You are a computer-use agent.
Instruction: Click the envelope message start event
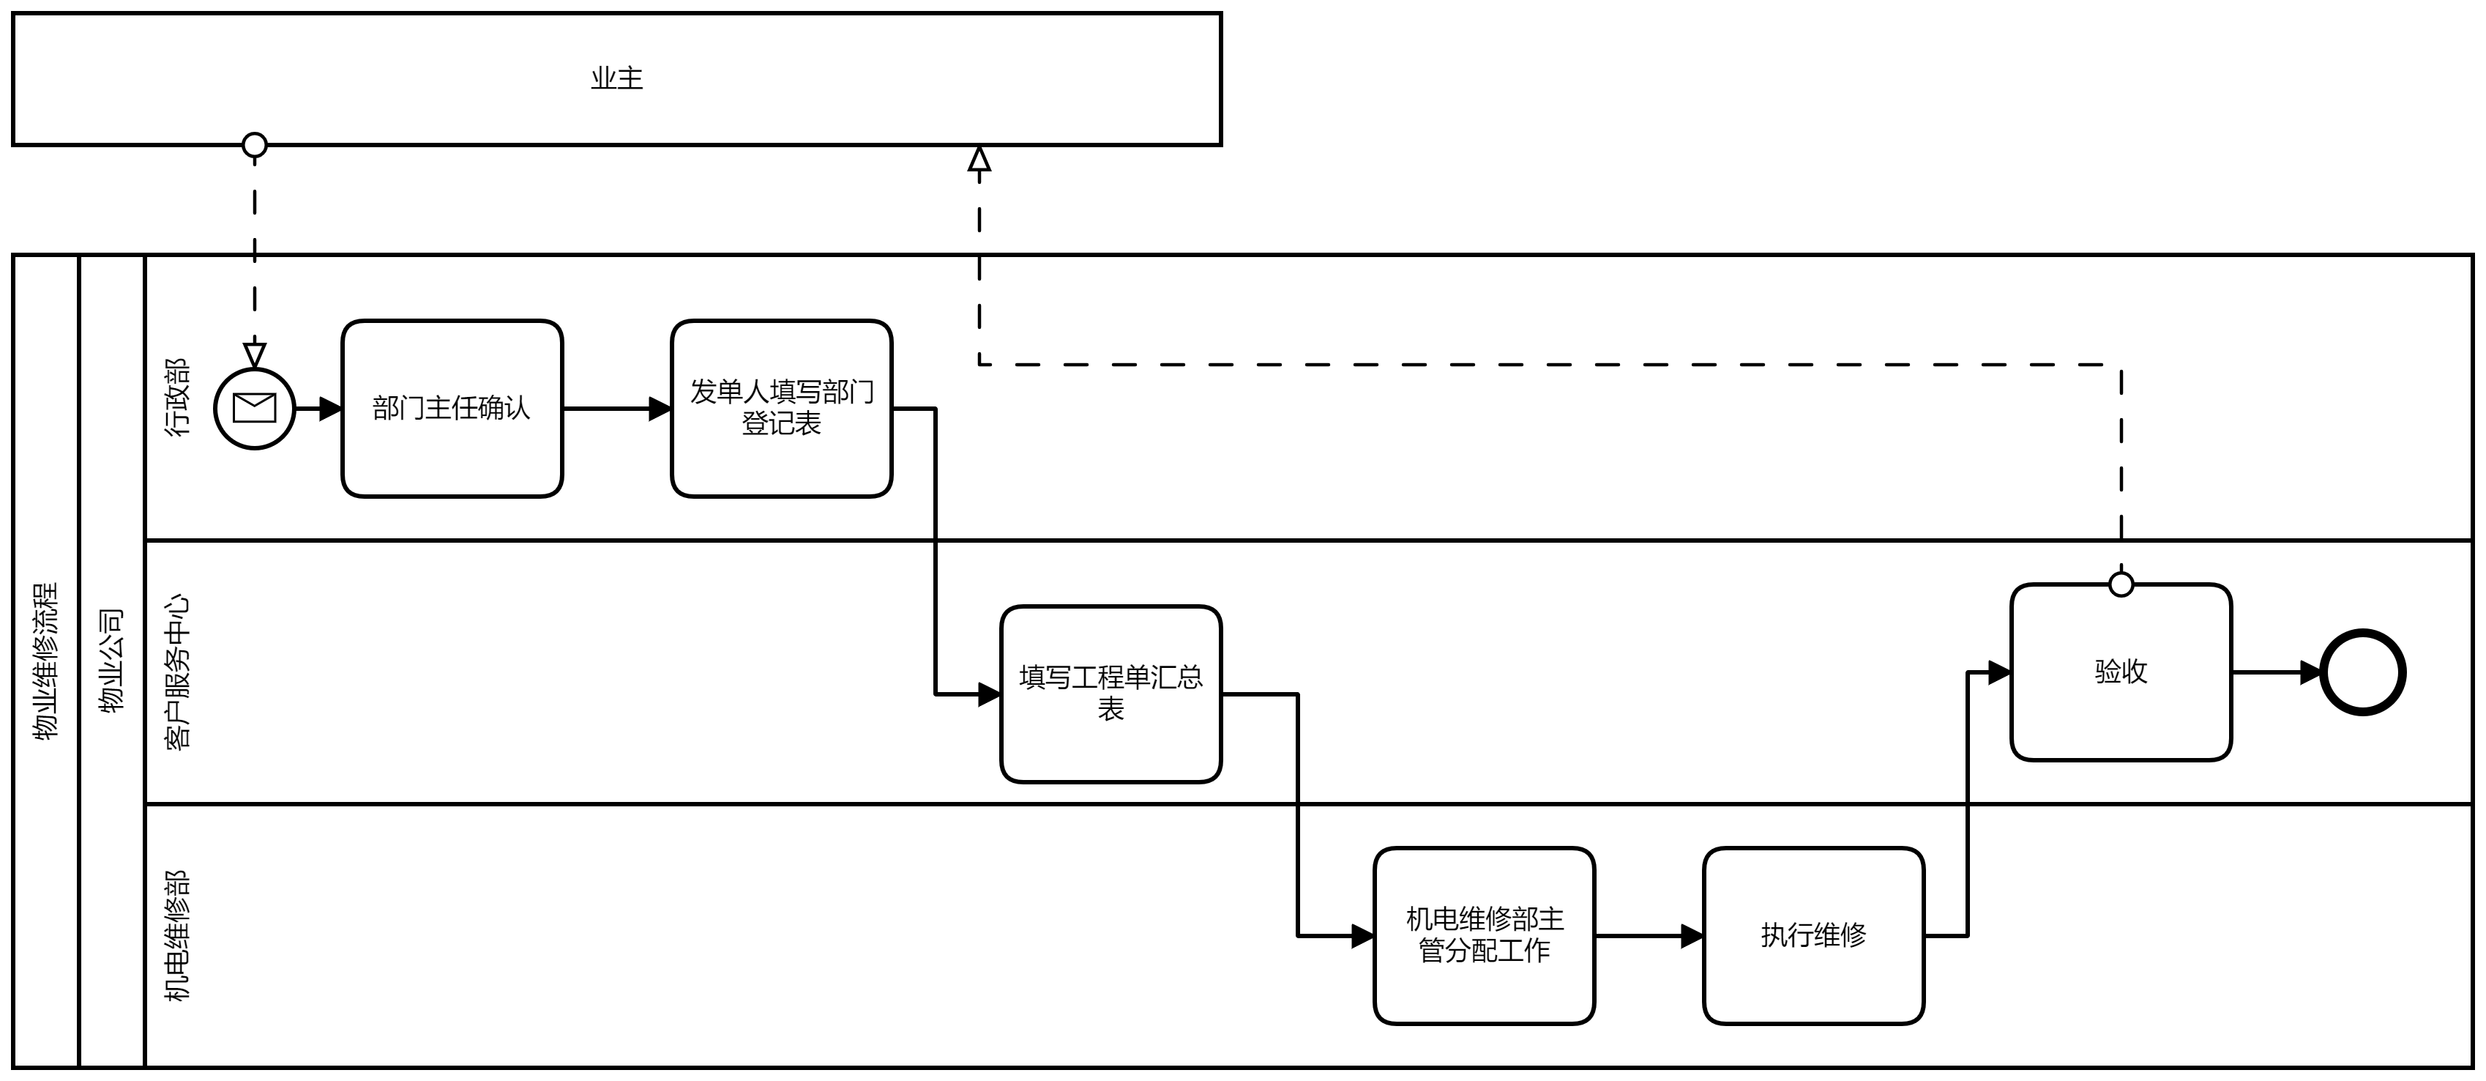[255, 408]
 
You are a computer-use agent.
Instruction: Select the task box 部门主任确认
[452, 408]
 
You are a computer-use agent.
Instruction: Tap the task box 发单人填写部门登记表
[782, 408]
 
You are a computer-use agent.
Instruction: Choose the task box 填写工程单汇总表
[1111, 694]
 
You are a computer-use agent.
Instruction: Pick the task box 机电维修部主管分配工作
[1485, 935]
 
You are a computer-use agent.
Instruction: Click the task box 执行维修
[1813, 935]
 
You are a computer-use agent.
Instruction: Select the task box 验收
[2121, 672]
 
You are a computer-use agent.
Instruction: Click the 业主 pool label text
[616, 79]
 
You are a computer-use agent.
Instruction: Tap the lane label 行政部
[178, 398]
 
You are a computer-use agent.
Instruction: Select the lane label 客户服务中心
[178, 672]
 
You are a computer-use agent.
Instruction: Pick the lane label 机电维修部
[178, 935]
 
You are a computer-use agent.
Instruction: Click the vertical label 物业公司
[113, 660]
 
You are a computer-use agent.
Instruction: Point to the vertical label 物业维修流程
[46, 660]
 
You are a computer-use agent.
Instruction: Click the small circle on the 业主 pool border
[255, 146]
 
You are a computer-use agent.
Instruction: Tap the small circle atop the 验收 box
[2121, 584]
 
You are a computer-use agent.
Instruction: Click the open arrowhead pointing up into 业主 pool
[979, 158]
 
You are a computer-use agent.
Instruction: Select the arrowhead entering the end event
[2310, 673]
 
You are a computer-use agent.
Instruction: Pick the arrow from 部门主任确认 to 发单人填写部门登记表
[618, 408]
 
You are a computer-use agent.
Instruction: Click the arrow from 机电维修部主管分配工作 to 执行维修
[1649, 935]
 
